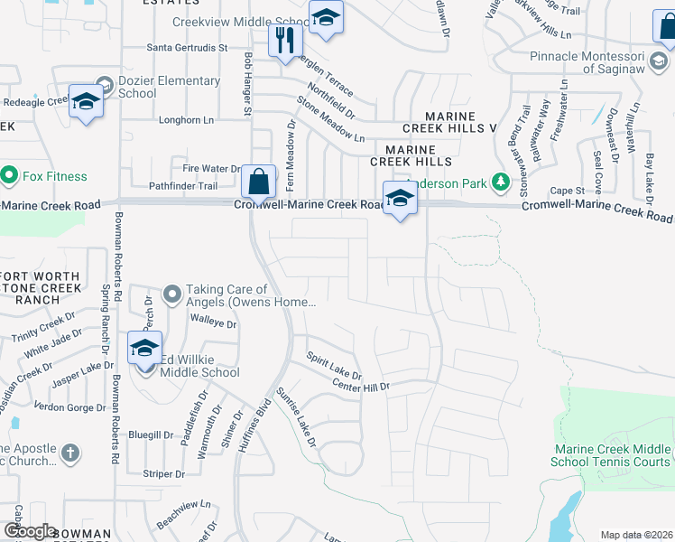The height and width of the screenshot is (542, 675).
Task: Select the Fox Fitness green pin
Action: (x=10, y=175)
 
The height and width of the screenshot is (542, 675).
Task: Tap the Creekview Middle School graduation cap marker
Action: (x=326, y=17)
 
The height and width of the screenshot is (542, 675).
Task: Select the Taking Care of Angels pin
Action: (x=172, y=294)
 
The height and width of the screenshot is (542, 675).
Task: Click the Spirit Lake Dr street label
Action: (x=334, y=364)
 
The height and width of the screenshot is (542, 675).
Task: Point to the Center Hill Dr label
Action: (x=360, y=387)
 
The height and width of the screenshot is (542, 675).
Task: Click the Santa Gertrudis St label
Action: (x=187, y=47)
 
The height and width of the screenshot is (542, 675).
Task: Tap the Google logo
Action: (x=29, y=531)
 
